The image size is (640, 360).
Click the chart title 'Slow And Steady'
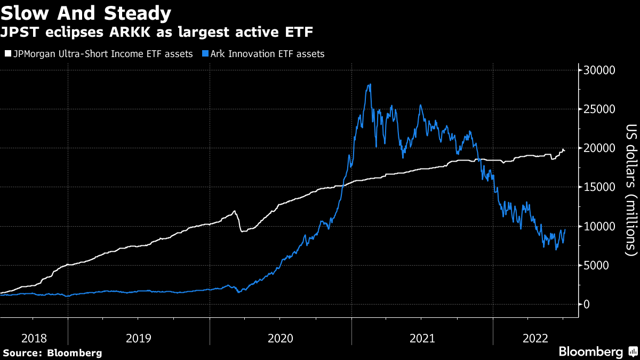tap(86, 13)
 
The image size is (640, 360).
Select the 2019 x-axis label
tap(138, 338)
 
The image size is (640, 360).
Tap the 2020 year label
tap(281, 338)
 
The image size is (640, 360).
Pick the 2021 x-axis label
tap(422, 338)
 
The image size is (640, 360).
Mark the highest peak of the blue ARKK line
tap(370, 84)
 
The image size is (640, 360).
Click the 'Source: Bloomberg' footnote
tap(52, 353)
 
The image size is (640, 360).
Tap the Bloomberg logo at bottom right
tap(597, 351)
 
